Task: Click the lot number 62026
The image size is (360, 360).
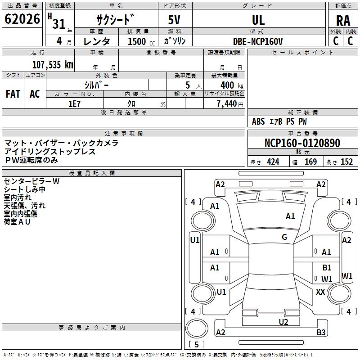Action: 22,19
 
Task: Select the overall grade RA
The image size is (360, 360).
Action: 343,21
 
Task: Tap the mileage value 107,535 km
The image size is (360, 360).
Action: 53,65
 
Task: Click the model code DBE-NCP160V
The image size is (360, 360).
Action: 258,41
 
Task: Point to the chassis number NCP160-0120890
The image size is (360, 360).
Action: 302,143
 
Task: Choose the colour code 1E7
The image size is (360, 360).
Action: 74,104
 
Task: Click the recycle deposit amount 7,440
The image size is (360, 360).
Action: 227,104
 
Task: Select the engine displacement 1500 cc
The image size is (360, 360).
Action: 141,41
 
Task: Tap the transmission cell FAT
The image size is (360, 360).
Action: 13,94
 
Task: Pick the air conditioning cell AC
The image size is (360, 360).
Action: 35,94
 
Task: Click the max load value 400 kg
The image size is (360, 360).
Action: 232,85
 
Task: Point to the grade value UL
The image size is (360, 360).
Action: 258,20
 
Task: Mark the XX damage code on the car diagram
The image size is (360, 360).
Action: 320,292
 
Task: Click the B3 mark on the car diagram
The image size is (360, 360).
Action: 321,332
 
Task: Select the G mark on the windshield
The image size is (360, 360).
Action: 284,237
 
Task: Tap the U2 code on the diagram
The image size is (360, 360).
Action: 283,322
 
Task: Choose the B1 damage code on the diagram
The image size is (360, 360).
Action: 327,267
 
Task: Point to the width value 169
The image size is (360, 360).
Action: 310,162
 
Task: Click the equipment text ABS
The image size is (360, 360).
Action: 258,121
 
